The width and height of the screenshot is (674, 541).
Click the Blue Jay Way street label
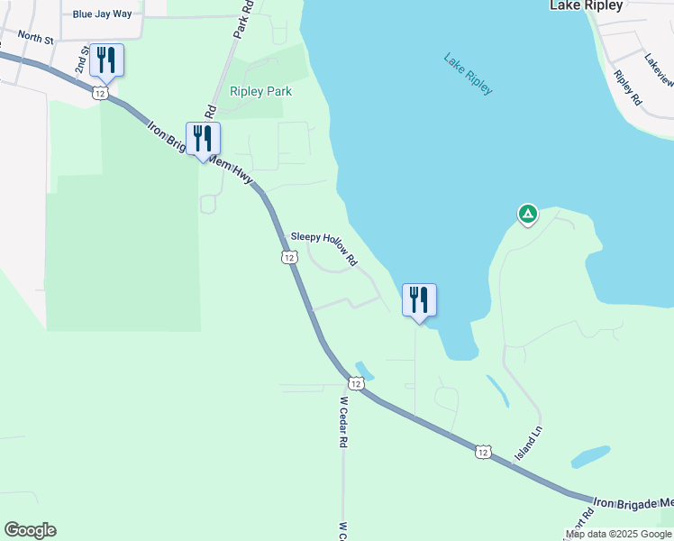point(108,14)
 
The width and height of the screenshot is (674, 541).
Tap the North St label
point(36,38)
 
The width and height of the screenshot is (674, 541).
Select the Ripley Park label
point(261,91)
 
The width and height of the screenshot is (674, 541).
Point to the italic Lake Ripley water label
point(469,73)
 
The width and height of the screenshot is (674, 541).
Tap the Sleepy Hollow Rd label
point(323,250)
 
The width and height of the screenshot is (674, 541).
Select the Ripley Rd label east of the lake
point(627,87)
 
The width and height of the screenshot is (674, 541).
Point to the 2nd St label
point(82,60)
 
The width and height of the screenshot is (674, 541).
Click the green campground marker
point(527,215)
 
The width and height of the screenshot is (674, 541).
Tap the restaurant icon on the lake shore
point(419,299)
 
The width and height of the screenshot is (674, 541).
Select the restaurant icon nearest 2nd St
point(106,60)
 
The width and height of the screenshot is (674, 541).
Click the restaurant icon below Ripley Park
point(203,139)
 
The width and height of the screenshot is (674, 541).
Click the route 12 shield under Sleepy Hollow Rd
point(288,258)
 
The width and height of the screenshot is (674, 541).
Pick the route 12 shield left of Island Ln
point(484,451)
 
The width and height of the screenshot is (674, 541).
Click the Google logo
point(30,530)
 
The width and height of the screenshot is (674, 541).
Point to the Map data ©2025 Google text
point(619,534)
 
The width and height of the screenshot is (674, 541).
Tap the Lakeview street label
point(659,69)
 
